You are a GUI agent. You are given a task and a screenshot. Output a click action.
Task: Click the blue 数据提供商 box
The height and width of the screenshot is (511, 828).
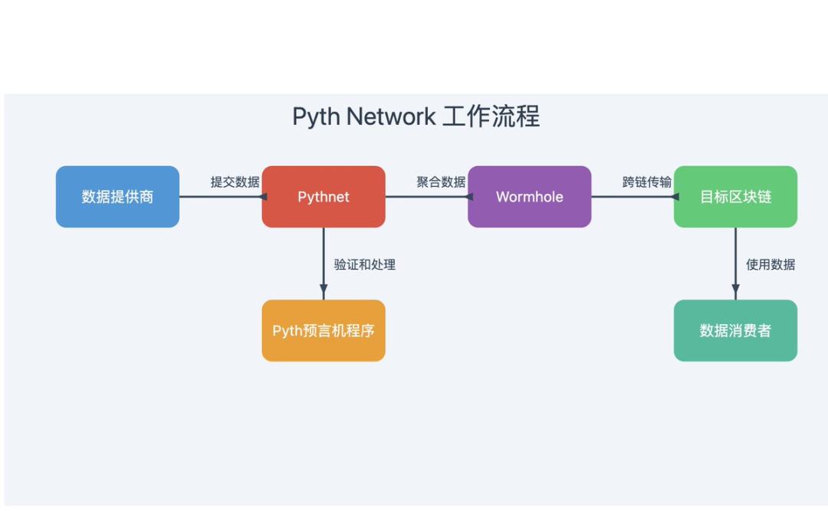pyautogui.click(x=117, y=197)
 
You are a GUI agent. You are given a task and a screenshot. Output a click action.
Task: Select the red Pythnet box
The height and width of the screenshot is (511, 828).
pyautogui.click(x=323, y=197)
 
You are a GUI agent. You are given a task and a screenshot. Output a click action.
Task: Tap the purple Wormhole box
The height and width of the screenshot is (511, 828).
pyautogui.click(x=529, y=197)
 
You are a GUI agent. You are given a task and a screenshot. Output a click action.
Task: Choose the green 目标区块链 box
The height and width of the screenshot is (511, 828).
pyautogui.click(x=735, y=197)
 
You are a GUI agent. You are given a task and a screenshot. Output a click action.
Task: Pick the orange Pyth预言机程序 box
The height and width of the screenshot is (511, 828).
pyautogui.click(x=323, y=330)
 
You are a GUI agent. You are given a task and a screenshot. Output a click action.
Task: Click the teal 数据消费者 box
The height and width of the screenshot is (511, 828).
pyautogui.click(x=735, y=330)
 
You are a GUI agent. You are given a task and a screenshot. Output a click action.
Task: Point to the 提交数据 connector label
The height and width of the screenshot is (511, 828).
pyautogui.click(x=235, y=182)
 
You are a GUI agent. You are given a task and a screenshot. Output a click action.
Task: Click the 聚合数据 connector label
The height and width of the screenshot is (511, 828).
pyautogui.click(x=441, y=182)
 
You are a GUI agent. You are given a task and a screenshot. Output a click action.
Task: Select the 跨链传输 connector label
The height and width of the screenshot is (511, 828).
pyautogui.click(x=646, y=182)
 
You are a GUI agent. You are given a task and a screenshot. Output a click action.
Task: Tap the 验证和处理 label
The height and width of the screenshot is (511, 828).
pyautogui.click(x=364, y=264)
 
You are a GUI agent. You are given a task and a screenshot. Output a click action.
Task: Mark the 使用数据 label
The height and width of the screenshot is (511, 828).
pyautogui.click(x=770, y=264)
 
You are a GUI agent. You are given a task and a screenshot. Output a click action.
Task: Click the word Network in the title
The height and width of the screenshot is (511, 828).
pyautogui.click(x=391, y=116)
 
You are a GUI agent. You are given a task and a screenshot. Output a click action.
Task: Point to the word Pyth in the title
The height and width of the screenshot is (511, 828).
pyautogui.click(x=316, y=116)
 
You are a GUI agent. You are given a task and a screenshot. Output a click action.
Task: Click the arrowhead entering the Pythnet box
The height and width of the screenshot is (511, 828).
pyautogui.click(x=264, y=197)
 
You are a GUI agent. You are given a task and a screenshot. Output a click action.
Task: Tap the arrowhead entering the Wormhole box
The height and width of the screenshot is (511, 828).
pyautogui.click(x=470, y=197)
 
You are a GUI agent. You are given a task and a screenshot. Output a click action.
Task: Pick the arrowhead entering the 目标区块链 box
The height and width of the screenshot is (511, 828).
pyautogui.click(x=676, y=197)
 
